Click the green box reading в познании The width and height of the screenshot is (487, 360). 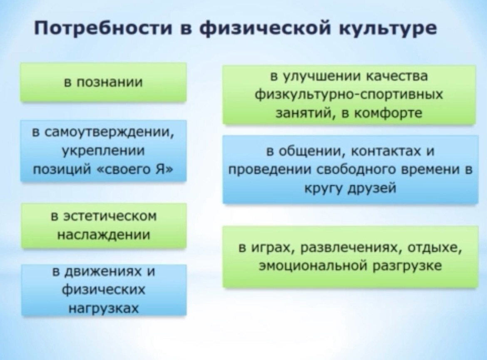tap(103, 82)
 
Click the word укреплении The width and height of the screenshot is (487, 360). tap(103, 151)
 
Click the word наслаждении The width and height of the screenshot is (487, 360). tap(104, 235)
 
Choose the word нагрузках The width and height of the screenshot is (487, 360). tap(103, 308)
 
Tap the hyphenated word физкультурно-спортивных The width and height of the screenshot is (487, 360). tap(349, 94)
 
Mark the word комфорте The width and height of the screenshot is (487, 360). tap(388, 113)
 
